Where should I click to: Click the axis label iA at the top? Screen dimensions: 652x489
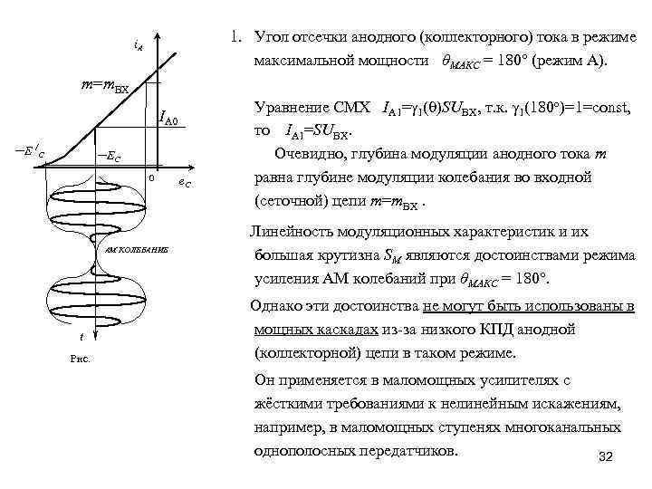click(x=137, y=43)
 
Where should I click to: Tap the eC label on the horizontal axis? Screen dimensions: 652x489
click(x=183, y=184)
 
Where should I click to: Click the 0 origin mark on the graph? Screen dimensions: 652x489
click(x=151, y=179)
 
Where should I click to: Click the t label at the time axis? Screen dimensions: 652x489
click(x=82, y=337)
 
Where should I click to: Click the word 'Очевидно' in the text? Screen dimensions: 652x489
click(x=309, y=151)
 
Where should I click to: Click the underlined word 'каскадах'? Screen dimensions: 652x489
click(x=360, y=331)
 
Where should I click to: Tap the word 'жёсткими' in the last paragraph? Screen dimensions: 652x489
click(x=287, y=401)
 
